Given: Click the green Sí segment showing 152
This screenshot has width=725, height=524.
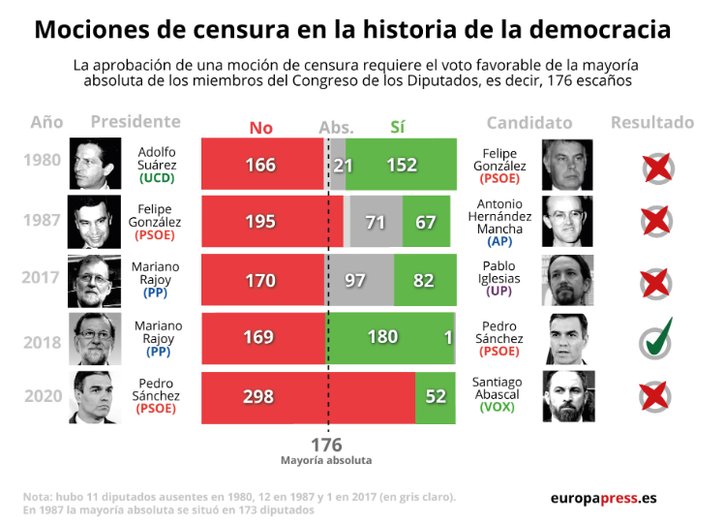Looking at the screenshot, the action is (x=401, y=165).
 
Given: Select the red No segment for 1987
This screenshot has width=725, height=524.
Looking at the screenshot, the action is (x=272, y=221).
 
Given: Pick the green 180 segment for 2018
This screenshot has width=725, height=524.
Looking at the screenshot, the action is (x=390, y=338).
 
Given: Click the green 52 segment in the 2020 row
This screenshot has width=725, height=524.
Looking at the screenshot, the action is (x=435, y=398).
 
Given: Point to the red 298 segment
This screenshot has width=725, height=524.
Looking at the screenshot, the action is (x=309, y=398).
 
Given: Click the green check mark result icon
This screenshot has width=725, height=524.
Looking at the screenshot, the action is (x=656, y=339).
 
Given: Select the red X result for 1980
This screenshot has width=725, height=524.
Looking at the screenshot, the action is (x=657, y=168).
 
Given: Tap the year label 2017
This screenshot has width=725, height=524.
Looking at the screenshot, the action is (x=41, y=277).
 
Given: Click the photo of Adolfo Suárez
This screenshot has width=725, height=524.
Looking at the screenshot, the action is (x=95, y=164).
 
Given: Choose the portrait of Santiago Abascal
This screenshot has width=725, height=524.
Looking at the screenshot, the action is (x=569, y=396).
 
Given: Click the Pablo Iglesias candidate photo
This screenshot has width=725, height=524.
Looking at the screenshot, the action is (x=568, y=280).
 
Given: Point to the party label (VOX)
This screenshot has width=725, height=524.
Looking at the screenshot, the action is (x=498, y=407).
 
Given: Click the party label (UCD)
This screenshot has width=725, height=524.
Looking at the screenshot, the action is (x=157, y=178).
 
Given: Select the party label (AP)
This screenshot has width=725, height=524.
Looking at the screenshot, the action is (x=499, y=241).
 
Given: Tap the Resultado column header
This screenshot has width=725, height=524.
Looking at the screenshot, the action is (x=652, y=123).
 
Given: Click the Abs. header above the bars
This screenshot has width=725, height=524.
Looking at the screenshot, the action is (x=336, y=128).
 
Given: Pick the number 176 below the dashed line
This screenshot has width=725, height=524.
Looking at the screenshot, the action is (x=326, y=445).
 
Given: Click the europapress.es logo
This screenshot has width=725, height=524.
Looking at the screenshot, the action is (x=603, y=498).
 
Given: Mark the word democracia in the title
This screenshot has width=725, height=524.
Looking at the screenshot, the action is (x=600, y=29).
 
